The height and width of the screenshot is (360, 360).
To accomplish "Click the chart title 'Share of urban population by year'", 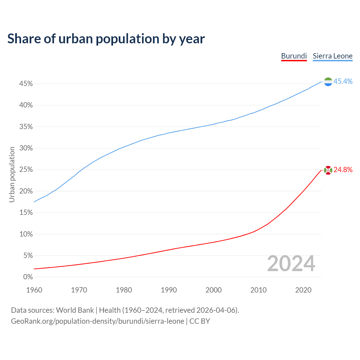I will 106,39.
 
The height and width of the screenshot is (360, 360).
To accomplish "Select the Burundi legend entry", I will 294,56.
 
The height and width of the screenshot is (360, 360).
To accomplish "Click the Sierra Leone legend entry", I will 332,56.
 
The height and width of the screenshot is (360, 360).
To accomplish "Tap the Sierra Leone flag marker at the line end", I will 328,82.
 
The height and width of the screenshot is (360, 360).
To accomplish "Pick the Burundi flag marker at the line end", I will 328,170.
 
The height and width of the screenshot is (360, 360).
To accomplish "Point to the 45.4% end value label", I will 343,82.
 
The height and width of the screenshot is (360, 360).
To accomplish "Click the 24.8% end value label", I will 343,170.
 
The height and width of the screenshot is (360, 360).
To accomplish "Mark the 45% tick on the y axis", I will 26,84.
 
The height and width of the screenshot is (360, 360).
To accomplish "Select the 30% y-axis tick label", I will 26,148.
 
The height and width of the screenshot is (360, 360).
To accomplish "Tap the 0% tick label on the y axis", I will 28,277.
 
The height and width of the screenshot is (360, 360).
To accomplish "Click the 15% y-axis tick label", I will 26,213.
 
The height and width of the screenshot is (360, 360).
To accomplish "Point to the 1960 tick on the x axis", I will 34,290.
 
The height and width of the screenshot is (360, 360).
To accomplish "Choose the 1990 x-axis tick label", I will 169,290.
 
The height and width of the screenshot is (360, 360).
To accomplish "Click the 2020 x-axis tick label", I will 303,290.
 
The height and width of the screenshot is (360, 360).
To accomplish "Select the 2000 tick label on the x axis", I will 213,290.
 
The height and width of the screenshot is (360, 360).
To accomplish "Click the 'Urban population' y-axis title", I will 12,174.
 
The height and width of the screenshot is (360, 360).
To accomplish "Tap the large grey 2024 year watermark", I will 291,264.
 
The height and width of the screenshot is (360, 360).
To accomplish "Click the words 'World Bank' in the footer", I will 75,310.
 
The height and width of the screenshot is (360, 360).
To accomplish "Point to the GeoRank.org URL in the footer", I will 98,321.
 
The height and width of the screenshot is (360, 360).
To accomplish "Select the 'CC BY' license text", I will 200,321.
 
